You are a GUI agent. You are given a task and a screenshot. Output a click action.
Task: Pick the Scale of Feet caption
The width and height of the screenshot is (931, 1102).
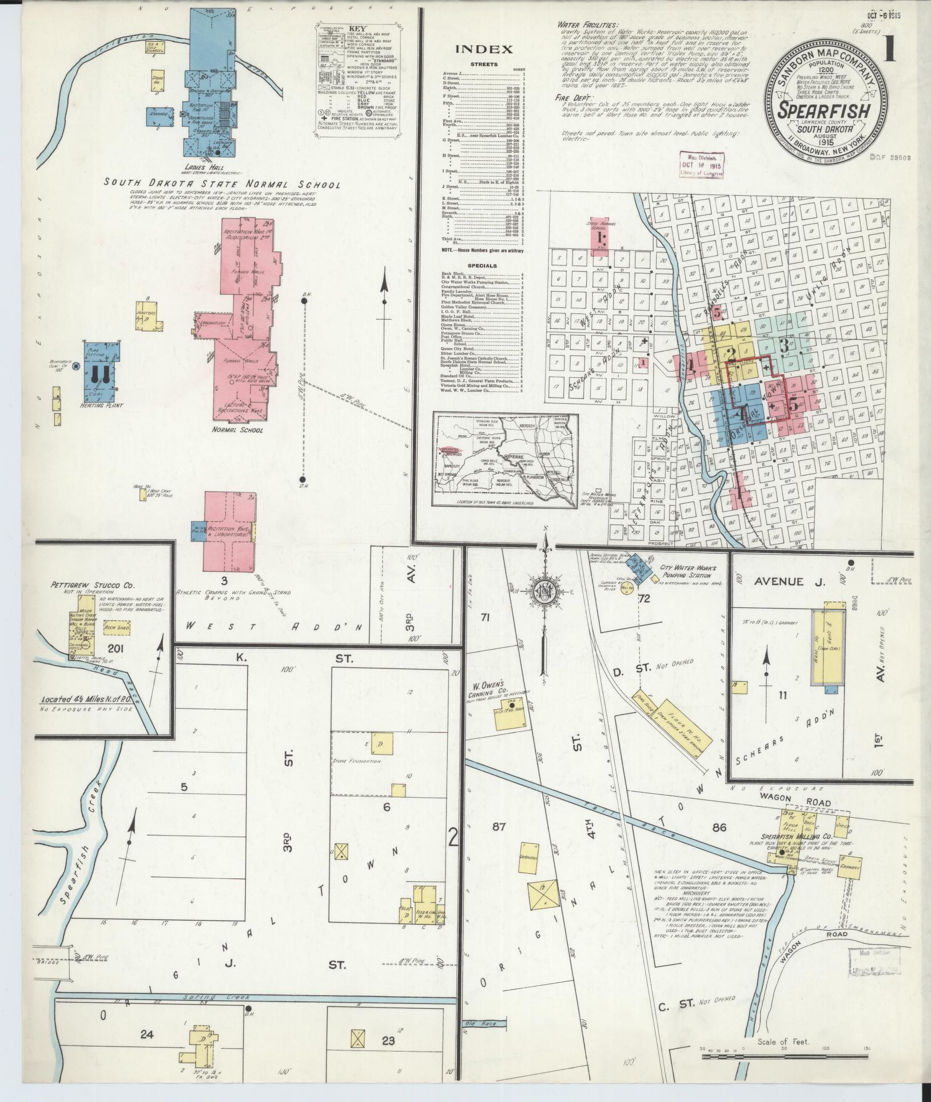[783, 1041]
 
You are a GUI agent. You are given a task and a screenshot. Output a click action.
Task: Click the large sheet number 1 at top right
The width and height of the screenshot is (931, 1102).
[889, 49]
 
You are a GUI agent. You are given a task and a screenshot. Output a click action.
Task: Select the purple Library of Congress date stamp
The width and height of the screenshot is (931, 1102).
[701, 165]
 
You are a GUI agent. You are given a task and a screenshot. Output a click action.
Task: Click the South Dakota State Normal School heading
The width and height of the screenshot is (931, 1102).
[222, 185]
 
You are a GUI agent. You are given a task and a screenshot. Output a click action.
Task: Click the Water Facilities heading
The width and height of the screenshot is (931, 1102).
[588, 25]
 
